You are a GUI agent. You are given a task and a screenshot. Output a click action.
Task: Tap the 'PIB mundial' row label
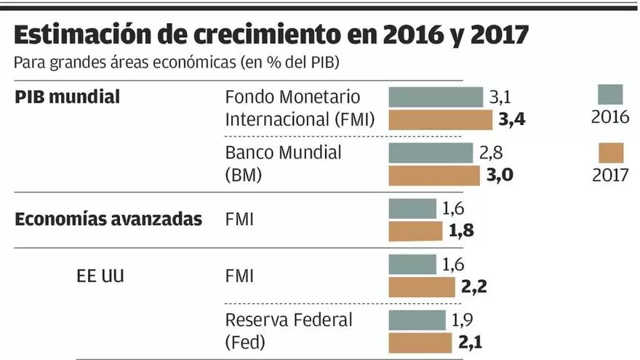67,97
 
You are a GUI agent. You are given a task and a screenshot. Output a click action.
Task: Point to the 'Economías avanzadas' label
108,220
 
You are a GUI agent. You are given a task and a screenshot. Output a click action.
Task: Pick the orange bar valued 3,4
441,119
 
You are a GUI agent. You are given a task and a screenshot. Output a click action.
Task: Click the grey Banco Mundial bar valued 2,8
431,153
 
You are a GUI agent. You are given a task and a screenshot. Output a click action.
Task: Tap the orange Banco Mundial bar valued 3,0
434,175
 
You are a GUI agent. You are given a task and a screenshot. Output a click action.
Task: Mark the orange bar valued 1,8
415,231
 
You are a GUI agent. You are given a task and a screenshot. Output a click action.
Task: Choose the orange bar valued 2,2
421,286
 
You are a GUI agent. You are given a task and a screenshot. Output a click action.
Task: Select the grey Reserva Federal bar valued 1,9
417,320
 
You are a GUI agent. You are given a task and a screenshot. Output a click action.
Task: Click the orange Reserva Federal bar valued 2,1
420,342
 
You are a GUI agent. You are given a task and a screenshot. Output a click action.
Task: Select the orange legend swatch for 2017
610,153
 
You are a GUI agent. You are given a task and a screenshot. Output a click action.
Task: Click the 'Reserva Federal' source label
289,320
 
